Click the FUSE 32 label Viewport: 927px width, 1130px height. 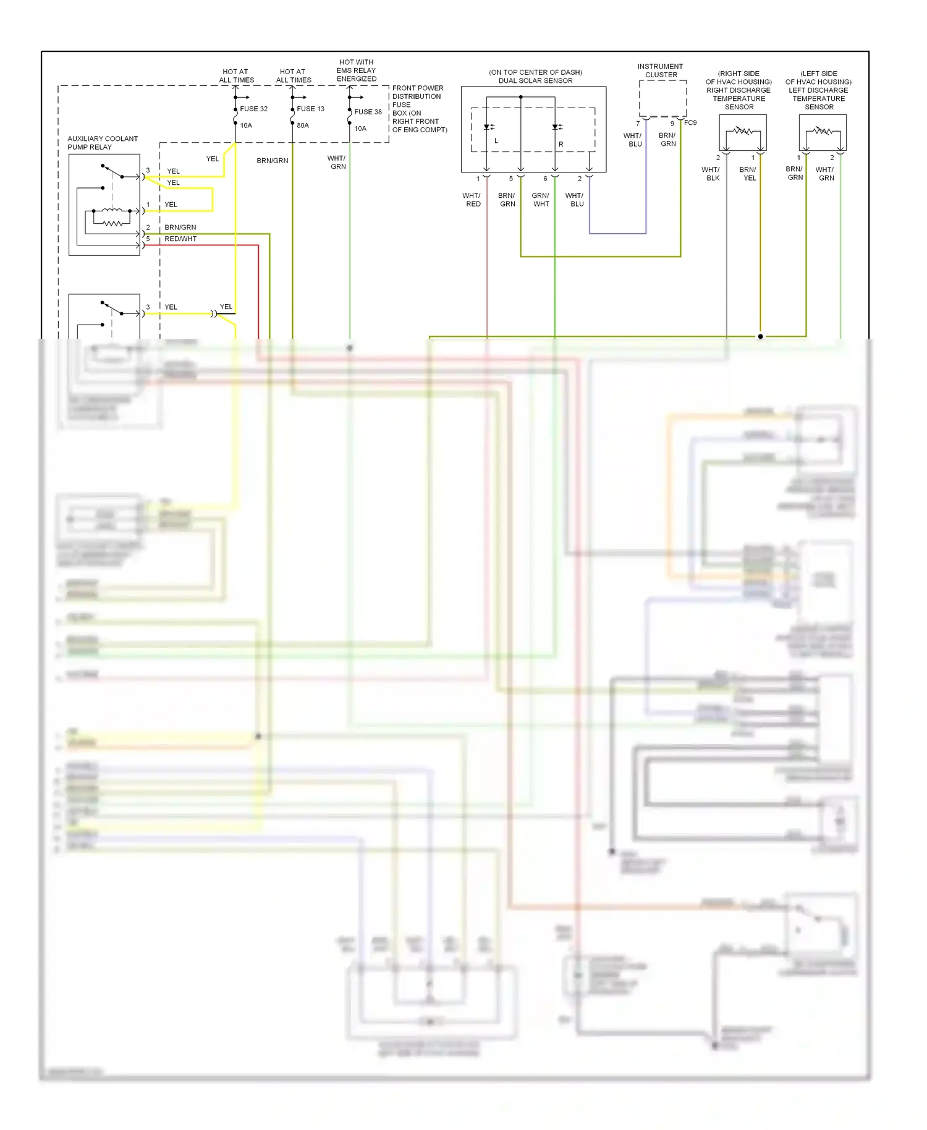253,109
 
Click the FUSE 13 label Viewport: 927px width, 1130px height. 310,109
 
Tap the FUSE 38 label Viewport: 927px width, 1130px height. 368,112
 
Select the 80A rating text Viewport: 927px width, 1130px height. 303,125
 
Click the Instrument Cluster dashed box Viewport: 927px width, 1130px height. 662,98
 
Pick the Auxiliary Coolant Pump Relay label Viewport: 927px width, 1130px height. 103,143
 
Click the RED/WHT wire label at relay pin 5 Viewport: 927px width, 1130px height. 180,239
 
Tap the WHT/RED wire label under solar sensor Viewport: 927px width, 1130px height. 472,200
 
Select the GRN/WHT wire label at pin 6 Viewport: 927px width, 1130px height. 541,200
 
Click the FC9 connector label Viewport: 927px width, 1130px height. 690,123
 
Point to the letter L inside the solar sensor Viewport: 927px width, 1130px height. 496,141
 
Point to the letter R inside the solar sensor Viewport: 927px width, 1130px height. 561,144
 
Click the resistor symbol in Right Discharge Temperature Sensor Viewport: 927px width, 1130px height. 743,131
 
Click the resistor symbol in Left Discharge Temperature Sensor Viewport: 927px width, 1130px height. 823,131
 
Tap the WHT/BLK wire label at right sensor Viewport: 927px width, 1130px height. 711,174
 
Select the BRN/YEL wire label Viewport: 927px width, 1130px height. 748,174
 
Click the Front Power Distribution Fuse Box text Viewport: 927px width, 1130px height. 419,109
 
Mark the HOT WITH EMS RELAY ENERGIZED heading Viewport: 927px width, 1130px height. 357,70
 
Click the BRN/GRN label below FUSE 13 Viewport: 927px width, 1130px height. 273,161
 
